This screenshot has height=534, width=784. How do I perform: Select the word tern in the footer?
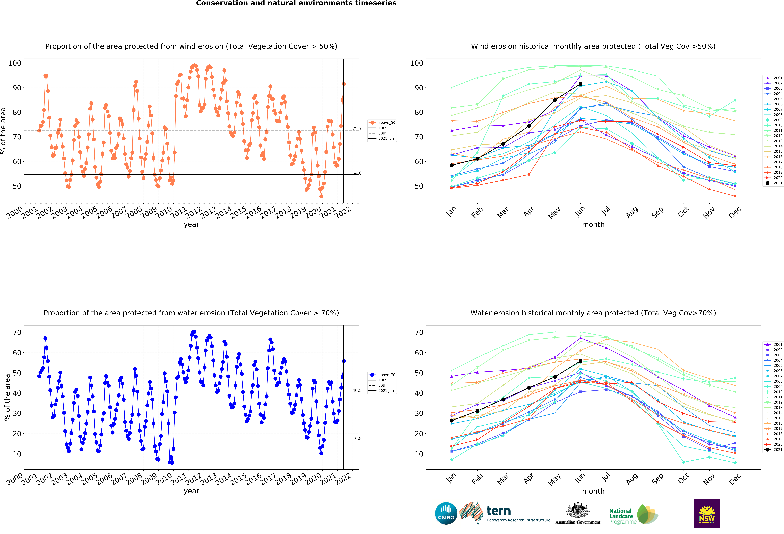pyautogui.click(x=499, y=511)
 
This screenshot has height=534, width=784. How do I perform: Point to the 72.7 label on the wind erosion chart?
pyautogui.click(x=357, y=129)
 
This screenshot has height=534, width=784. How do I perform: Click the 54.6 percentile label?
pyautogui.click(x=357, y=173)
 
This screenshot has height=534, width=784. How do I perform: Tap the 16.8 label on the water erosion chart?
pyautogui.click(x=357, y=439)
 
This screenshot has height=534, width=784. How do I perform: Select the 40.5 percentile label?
pyautogui.click(x=357, y=391)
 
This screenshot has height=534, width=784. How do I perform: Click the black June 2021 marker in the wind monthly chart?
pyautogui.click(x=580, y=84)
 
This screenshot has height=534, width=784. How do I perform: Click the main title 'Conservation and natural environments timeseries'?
pyautogui.click(x=296, y=3)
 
